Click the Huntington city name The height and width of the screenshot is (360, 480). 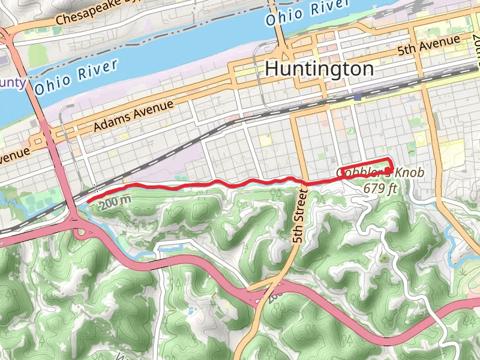coord(319,68)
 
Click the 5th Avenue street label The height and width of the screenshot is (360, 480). coord(428,46)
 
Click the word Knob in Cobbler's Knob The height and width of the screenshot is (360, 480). coord(409,173)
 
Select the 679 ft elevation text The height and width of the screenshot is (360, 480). coord(380,187)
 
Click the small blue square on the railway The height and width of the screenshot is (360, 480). coord(358,97)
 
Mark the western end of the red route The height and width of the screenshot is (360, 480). coord(88,200)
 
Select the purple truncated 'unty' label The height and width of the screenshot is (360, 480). coord(12,82)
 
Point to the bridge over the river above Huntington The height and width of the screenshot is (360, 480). coord(280,30)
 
